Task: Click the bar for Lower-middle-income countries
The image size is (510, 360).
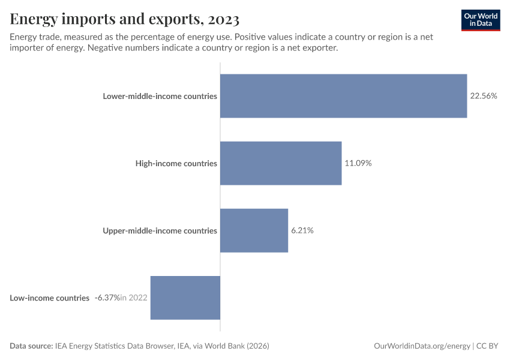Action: coord(343,96)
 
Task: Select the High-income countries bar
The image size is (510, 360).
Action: coord(281,163)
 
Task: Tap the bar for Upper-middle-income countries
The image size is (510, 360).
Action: coord(254,230)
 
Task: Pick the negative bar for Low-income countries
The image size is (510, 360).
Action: coord(185,298)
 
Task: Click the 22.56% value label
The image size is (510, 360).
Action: coord(484,96)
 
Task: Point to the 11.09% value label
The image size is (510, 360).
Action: coord(358,163)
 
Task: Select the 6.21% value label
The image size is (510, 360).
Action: coord(302,230)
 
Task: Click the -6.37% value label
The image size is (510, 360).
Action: coord(107,298)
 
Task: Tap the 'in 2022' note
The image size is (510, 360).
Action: coord(134,298)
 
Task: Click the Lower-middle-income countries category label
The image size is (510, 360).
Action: coord(160,96)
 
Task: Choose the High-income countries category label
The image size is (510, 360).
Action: coord(176,163)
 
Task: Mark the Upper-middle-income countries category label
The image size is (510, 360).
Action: coord(160,230)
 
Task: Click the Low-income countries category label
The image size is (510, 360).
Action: coord(50,298)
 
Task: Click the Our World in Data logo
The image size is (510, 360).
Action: coord(481,20)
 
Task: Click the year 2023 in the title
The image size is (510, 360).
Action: coord(223,20)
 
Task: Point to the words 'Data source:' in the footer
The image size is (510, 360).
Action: coord(31,346)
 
